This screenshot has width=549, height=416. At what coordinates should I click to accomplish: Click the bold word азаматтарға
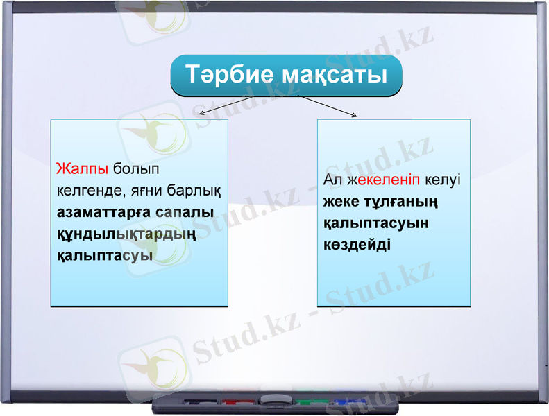pyautogui.click(x=106, y=212)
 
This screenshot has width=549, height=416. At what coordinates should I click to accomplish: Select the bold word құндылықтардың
pyautogui.click(x=126, y=234)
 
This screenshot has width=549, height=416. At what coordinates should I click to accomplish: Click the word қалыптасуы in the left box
pyautogui.click(x=105, y=256)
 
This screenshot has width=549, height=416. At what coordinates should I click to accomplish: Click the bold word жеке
pyautogui.click(x=341, y=202)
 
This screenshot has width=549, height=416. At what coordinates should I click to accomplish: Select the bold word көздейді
pyautogui.click(x=357, y=245)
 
